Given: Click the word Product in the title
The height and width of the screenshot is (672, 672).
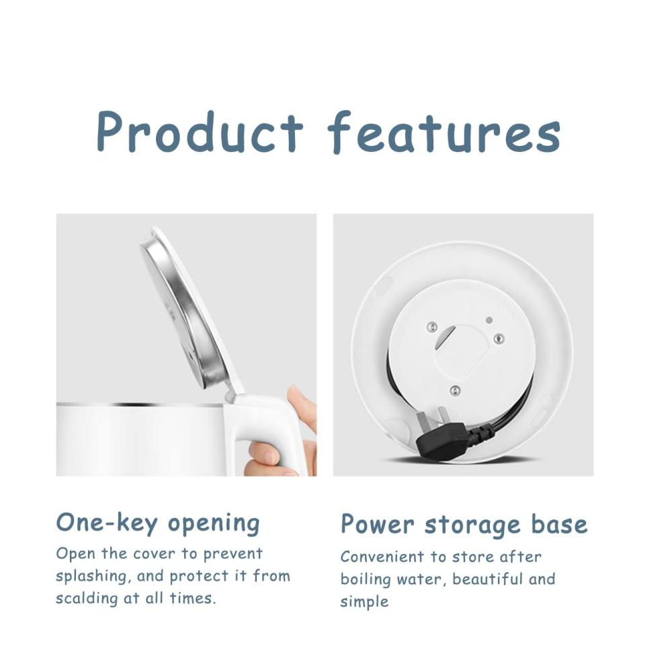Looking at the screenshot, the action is pos(200,132).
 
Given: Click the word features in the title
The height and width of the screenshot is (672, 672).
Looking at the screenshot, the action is pos(444,132).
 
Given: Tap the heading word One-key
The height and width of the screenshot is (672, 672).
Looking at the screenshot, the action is pos(107,523).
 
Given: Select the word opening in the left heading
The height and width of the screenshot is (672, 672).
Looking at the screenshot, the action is pos(214,524).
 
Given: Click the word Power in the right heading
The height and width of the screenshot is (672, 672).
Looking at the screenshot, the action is pos(378,523).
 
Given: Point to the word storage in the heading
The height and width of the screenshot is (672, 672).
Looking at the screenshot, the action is pos(472,526).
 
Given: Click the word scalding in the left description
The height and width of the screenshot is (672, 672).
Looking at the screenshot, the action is pos(87,599).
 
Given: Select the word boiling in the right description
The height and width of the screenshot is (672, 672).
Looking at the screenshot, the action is pos(366,580).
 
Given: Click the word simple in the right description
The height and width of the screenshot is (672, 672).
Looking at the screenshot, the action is pos(364,602).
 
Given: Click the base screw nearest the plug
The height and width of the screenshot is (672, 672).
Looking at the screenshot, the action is pos(455,390).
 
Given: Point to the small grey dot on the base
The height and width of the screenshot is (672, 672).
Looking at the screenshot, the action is pos(489,320).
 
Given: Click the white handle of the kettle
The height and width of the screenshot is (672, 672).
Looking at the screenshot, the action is pos(265,429).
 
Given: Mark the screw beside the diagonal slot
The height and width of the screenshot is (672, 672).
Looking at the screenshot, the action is pos(432,327).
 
